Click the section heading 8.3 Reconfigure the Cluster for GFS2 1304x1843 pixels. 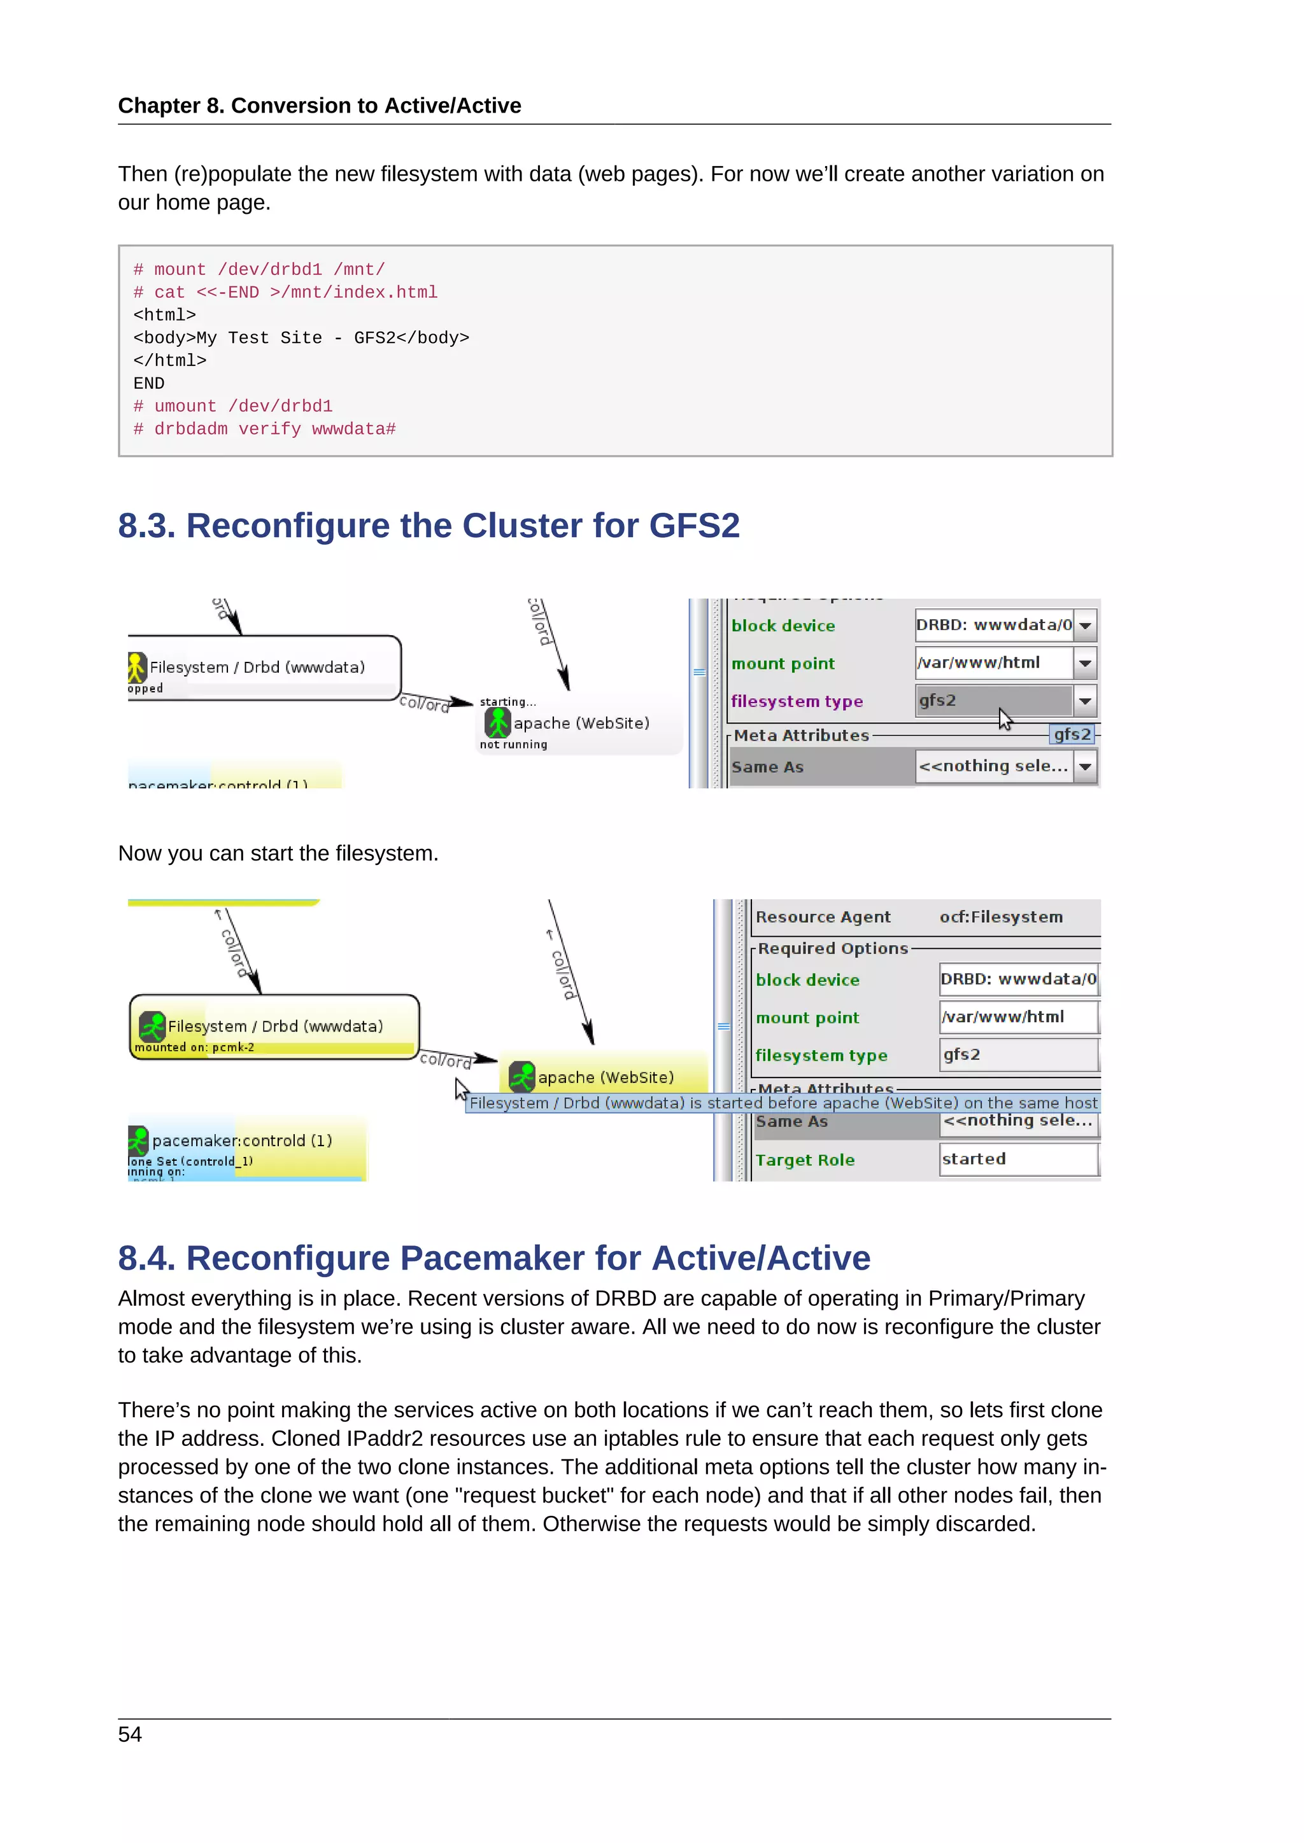[428, 526]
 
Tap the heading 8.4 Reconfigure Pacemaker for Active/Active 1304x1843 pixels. [494, 1258]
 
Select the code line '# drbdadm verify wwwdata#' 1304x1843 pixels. [264, 430]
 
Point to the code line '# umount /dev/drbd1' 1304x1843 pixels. [233, 406]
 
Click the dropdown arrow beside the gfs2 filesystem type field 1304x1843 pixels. [1085, 701]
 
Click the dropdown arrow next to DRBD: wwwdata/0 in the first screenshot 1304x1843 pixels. [1085, 626]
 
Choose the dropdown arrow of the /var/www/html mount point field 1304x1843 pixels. [1085, 664]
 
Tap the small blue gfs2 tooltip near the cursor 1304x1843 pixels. [1072, 734]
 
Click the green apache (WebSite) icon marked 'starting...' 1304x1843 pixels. [498, 723]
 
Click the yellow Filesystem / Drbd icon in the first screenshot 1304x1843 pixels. [136, 667]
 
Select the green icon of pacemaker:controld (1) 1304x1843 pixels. [138, 1140]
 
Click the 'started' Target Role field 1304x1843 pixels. [1017, 1159]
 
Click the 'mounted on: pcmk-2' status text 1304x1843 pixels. [194, 1048]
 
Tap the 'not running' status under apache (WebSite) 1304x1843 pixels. [513, 745]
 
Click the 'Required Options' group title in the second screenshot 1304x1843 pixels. [833, 949]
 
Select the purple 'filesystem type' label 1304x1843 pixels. [797, 701]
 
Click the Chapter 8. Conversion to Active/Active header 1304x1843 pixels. [320, 106]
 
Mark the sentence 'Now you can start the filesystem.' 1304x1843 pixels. [278, 853]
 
